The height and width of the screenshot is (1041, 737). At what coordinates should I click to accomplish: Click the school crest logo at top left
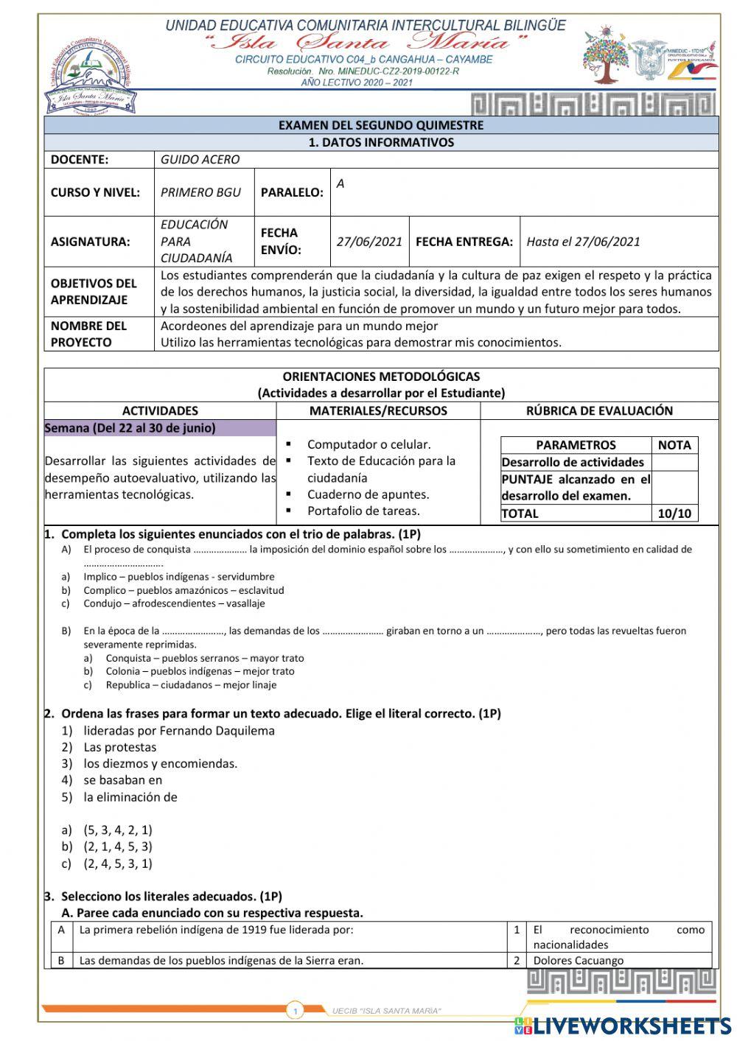(x=88, y=76)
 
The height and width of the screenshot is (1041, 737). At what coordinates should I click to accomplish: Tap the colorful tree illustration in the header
(x=607, y=56)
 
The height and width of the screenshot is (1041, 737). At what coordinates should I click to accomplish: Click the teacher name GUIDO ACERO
(x=200, y=159)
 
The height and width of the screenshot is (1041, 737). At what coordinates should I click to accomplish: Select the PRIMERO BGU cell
(x=200, y=192)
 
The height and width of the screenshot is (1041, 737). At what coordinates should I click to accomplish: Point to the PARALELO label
(x=292, y=192)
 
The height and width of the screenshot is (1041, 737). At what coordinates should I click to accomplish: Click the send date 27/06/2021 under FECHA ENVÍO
(x=369, y=242)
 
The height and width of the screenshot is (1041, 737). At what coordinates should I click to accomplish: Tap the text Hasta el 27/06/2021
(x=583, y=242)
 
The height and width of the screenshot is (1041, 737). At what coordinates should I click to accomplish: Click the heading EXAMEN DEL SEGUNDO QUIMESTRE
(x=381, y=125)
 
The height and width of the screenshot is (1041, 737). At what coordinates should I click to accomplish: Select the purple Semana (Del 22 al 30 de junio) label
(x=130, y=428)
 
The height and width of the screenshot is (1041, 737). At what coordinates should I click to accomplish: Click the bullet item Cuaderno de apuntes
(x=368, y=494)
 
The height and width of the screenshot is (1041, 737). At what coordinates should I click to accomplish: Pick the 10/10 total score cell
(x=674, y=514)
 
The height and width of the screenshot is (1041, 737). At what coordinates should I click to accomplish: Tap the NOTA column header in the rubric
(x=674, y=445)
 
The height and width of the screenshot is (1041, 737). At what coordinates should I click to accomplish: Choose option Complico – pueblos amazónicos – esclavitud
(x=183, y=590)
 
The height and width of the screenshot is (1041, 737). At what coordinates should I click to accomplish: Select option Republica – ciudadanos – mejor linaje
(x=191, y=684)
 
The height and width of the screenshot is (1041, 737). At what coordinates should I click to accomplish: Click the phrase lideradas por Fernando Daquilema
(x=179, y=731)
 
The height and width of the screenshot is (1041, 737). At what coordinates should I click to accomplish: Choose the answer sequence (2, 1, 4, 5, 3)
(x=118, y=847)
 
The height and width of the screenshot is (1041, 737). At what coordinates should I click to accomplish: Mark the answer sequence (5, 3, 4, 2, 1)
(x=118, y=830)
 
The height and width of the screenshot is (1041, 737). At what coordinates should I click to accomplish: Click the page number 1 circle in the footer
(x=295, y=1012)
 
